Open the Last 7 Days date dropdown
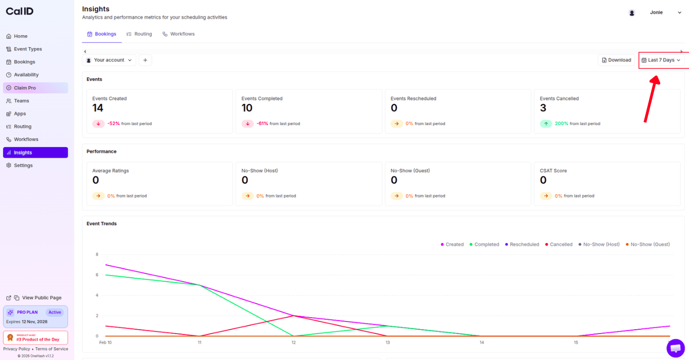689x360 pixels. [x=661, y=60]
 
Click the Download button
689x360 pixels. [x=616, y=60]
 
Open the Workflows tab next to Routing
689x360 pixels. [x=178, y=34]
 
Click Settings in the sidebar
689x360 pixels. [x=23, y=165]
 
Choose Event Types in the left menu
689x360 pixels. [x=28, y=49]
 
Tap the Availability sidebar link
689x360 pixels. [x=26, y=75]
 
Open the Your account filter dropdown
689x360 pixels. [x=109, y=60]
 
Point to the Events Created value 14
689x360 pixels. [x=98, y=108]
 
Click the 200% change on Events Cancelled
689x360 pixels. [x=561, y=124]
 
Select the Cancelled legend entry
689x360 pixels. [x=559, y=244]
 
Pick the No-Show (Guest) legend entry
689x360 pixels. [x=648, y=244]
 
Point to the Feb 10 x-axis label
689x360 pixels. [x=106, y=343]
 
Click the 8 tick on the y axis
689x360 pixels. [x=97, y=254]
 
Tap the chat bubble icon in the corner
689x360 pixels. [x=676, y=348]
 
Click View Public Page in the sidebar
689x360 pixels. [x=41, y=298]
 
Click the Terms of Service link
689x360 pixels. [x=52, y=349]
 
